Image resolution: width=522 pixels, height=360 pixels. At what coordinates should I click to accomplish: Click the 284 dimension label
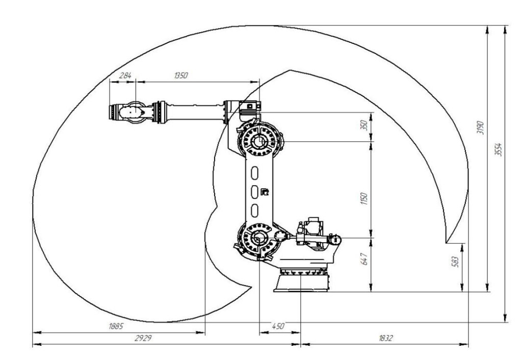pyautogui.click(x=125, y=75)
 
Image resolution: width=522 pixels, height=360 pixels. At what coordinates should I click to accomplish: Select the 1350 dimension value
pyautogui.click(x=181, y=75)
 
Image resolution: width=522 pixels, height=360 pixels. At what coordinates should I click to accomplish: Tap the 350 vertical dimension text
pyautogui.click(x=365, y=125)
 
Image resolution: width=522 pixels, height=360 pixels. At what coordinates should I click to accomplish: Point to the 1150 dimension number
pyautogui.click(x=364, y=198)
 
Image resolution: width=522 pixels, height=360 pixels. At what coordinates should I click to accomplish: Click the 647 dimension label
pyautogui.click(x=365, y=259)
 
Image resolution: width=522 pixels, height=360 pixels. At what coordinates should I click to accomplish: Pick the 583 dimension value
pyautogui.click(x=456, y=262)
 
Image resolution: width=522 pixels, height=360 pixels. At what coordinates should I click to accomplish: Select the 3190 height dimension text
pyautogui.click(x=480, y=127)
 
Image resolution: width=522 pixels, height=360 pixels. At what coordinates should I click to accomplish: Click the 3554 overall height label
pyautogui.click(x=499, y=149)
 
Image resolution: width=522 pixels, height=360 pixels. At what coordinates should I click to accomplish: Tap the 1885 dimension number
pyautogui.click(x=116, y=326)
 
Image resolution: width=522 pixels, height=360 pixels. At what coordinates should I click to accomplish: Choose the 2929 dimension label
pyautogui.click(x=143, y=339)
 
